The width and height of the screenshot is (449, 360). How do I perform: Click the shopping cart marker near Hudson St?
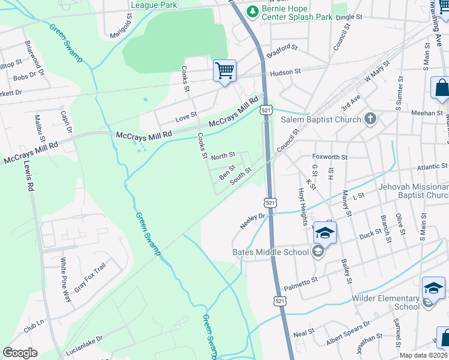(224, 71)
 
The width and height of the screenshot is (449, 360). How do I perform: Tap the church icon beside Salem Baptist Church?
(370, 119)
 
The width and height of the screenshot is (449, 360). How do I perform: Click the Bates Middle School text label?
(270, 252)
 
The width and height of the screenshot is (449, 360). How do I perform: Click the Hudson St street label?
(285, 72)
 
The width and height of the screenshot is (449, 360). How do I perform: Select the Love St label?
(186, 115)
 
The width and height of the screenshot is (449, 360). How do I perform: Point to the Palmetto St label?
(300, 282)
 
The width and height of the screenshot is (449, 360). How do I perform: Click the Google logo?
(20, 353)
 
